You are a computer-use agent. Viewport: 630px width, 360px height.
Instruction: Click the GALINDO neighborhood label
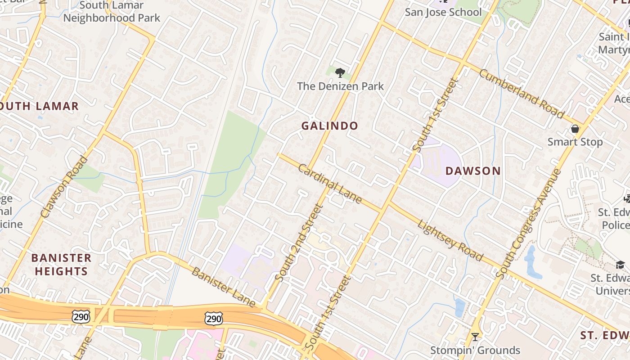[329, 126]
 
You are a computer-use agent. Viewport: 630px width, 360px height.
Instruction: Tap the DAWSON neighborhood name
[473, 171]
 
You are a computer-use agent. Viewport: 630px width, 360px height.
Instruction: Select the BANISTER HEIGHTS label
[61, 265]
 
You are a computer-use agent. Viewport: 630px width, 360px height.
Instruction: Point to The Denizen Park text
[341, 86]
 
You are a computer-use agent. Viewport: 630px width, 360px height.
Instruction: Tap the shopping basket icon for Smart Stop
[575, 129]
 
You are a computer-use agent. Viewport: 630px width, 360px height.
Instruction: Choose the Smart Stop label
[575, 142]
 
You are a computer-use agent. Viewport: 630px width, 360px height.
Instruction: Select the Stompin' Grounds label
[475, 350]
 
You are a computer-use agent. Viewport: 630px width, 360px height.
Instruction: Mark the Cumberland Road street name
[521, 94]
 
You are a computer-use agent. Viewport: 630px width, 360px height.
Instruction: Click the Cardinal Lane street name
[330, 184]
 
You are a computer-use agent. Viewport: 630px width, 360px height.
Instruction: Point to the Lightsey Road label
[450, 240]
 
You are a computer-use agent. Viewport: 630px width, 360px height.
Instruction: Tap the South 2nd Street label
[299, 243]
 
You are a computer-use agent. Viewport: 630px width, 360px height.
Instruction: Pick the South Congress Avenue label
[529, 224]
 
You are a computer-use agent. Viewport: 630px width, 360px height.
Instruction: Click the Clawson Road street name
[64, 187]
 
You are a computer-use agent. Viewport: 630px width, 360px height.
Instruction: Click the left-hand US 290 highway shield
[81, 316]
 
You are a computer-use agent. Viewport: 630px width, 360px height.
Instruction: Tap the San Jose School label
[443, 12]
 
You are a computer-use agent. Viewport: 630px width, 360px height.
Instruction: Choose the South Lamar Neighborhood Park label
[112, 12]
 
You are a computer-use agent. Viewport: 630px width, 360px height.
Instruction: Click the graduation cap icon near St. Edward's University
[621, 265]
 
